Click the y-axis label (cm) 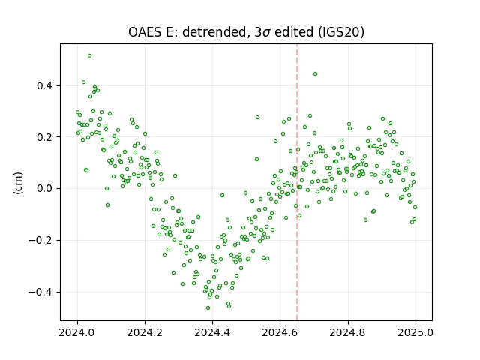click(18, 183)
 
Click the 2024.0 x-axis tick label click(77, 332)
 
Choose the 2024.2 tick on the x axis click(145, 332)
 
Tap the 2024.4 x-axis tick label click(212, 332)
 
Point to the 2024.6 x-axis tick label click(280, 332)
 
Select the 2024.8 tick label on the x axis click(348, 332)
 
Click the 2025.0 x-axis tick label click(415, 332)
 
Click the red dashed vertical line click(297, 182)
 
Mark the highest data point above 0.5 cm click(89, 56)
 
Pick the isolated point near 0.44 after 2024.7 click(315, 74)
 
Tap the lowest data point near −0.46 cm click(208, 307)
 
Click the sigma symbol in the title click(267, 33)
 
